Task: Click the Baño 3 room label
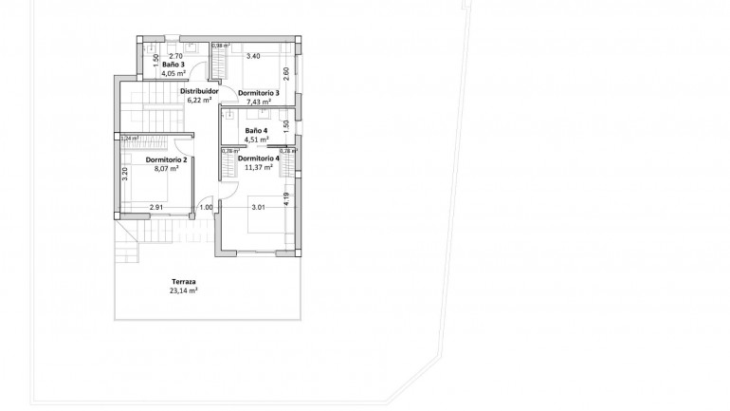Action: pyautogui.click(x=173, y=65)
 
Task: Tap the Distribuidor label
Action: pyautogui.click(x=200, y=92)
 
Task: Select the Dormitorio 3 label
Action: pyautogui.click(x=258, y=93)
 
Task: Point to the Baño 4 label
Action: pyautogui.click(x=256, y=130)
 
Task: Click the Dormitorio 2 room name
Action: pyautogui.click(x=166, y=160)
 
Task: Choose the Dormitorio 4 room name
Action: pyautogui.click(x=258, y=158)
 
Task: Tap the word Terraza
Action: pyautogui.click(x=184, y=282)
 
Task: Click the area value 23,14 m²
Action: pyautogui.click(x=184, y=291)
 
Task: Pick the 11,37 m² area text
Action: pyautogui.click(x=259, y=167)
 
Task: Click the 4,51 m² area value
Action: pyautogui.click(x=256, y=140)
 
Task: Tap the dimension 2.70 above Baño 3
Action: pyautogui.click(x=175, y=57)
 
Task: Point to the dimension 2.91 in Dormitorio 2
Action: pyautogui.click(x=156, y=207)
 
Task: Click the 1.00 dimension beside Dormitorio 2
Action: pyautogui.click(x=206, y=207)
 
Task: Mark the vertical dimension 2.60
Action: pyautogui.click(x=285, y=73)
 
